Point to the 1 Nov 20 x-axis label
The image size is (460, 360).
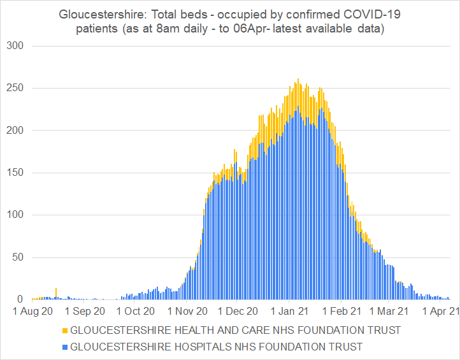pos(187,312)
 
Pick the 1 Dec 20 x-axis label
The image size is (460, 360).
pos(237,312)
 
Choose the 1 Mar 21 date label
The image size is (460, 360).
pos(389,312)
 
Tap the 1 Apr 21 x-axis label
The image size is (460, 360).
pos(440,312)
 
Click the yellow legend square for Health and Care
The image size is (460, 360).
pos(64,330)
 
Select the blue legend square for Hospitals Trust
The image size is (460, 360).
pos(64,347)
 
